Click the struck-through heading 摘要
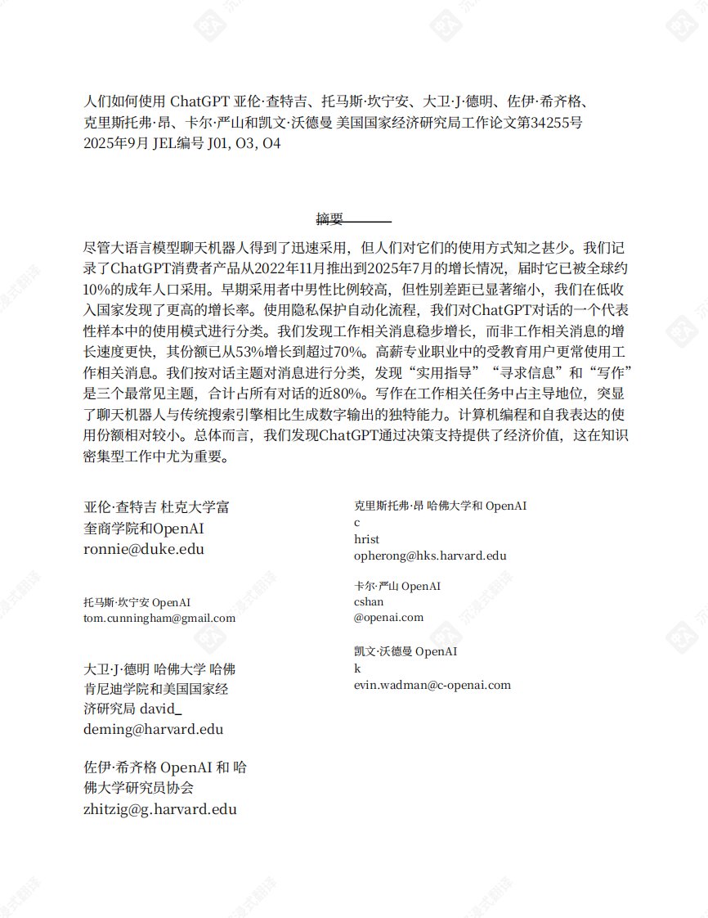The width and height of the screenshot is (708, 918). [x=330, y=218]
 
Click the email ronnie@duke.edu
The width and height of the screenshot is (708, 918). [x=144, y=549]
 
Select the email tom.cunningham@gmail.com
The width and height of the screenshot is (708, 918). [x=159, y=618]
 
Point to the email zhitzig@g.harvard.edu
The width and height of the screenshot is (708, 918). [x=160, y=809]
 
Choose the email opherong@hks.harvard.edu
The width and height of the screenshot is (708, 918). [x=430, y=556]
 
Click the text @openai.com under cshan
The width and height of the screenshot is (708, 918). [x=388, y=617]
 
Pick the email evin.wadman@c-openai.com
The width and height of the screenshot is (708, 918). [x=432, y=685]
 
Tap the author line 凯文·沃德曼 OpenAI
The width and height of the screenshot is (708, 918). [x=406, y=651]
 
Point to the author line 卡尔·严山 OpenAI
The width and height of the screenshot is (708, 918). [x=397, y=586]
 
